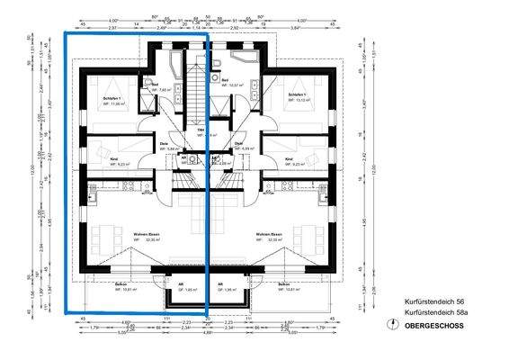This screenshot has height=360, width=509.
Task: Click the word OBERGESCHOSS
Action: tap(434, 325)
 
